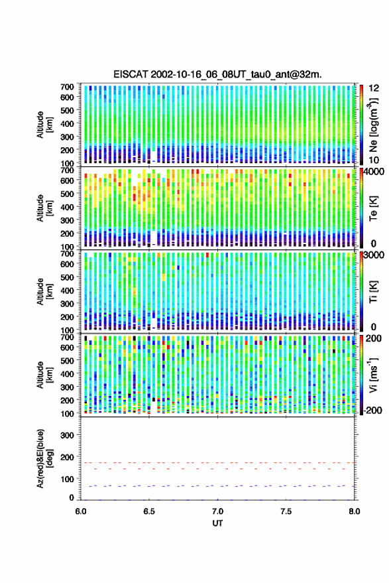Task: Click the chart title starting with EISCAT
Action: [x=217, y=74]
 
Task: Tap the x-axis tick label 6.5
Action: [x=149, y=511]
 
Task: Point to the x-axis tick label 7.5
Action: [x=286, y=511]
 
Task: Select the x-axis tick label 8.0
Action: [x=354, y=511]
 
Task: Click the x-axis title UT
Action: [x=217, y=523]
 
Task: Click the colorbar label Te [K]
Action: [x=373, y=208]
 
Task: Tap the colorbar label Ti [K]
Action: [x=373, y=292]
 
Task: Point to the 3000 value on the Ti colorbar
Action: [x=374, y=255]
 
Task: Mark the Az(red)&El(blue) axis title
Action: [x=44, y=458]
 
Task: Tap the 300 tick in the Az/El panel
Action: [x=67, y=435]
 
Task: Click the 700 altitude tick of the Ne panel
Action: [x=67, y=87]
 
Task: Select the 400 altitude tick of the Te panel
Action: [x=67, y=207]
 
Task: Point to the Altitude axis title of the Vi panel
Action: [x=44, y=375]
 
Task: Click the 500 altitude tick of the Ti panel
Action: [x=67, y=277]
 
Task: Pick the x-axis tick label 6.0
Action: [x=81, y=511]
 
